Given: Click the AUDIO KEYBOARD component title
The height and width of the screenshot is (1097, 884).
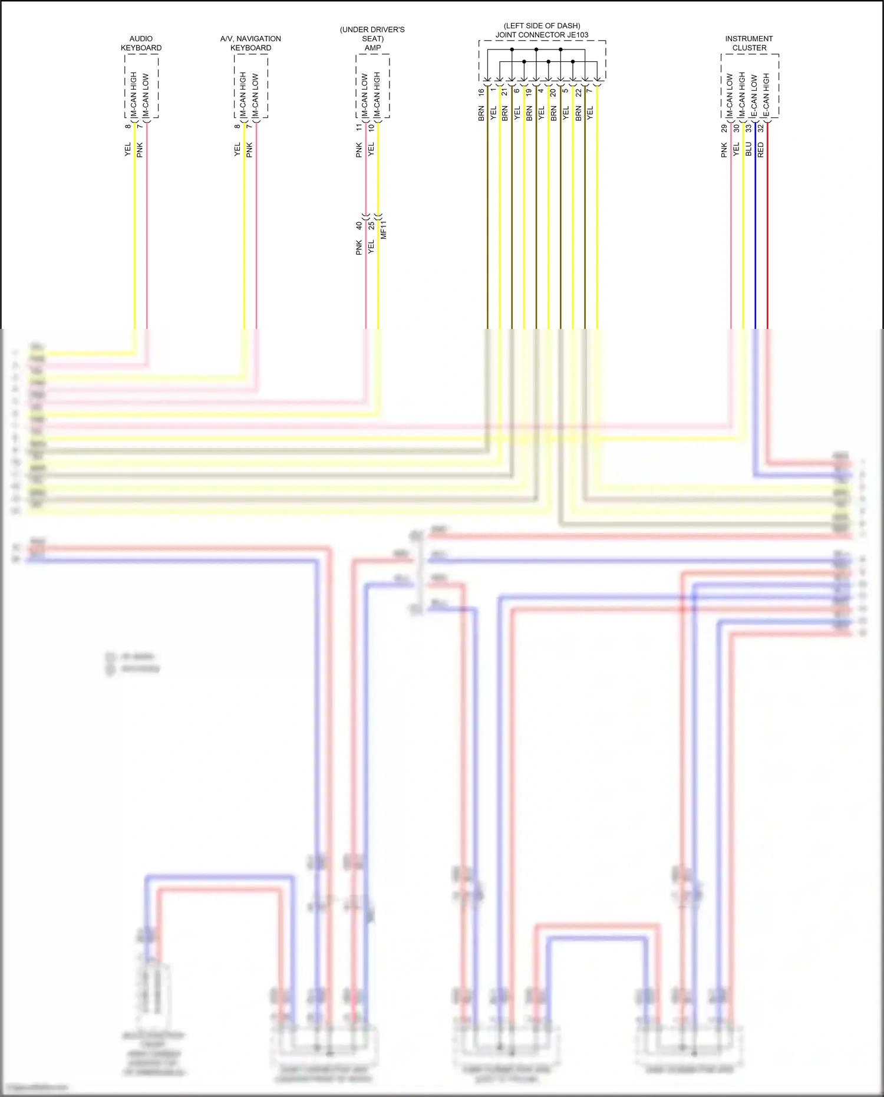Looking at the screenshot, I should pyautogui.click(x=141, y=43).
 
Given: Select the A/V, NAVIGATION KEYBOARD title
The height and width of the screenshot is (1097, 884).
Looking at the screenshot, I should pyautogui.click(x=250, y=43).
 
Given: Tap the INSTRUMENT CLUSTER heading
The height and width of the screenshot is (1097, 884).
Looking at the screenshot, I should pyautogui.click(x=749, y=43).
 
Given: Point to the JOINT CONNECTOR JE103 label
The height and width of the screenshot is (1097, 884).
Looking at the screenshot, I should pyautogui.click(x=542, y=35).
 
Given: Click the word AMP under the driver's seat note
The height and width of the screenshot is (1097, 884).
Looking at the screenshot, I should pyautogui.click(x=372, y=48).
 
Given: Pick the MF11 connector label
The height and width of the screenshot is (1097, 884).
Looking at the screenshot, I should pyautogui.click(x=384, y=229).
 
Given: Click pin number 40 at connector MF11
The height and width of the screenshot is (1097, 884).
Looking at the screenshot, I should pyautogui.click(x=359, y=226).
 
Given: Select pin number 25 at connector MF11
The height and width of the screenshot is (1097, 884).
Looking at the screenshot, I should pyautogui.click(x=371, y=226).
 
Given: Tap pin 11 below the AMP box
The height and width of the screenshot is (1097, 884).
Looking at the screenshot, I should pyautogui.click(x=359, y=127).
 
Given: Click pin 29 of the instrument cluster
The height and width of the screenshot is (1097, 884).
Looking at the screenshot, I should pyautogui.click(x=724, y=128).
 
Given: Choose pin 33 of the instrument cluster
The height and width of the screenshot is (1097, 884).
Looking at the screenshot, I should pyautogui.click(x=748, y=128).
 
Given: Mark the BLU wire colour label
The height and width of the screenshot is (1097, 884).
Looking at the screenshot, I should pyautogui.click(x=748, y=149).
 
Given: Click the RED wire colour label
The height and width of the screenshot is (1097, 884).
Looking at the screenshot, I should pyautogui.click(x=761, y=150).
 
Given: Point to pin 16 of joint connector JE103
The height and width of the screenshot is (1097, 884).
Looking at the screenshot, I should pyautogui.click(x=481, y=93).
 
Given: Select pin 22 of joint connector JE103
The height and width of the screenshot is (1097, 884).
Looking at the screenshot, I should pyautogui.click(x=578, y=93).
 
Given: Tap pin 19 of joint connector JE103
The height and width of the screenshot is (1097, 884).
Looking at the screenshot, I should pyautogui.click(x=529, y=92).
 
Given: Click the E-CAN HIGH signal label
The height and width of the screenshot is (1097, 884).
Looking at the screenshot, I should pyautogui.click(x=767, y=95).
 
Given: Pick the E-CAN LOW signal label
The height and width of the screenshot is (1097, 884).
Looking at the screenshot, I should pyautogui.click(x=754, y=95).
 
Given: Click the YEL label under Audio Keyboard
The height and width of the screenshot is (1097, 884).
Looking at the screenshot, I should pyautogui.click(x=128, y=150).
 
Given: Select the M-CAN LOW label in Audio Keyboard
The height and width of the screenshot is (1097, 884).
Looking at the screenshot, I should pyautogui.click(x=146, y=95).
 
